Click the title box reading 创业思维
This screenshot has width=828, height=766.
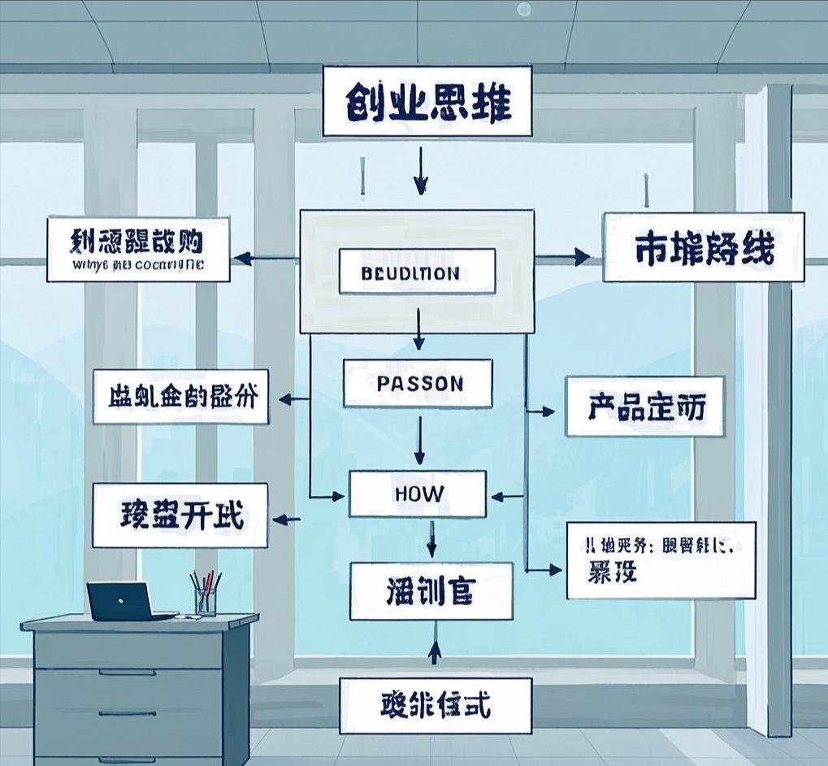point(427,101)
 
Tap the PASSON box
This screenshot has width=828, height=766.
point(418,383)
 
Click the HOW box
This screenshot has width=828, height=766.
point(418,494)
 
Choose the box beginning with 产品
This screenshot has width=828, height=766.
point(645,407)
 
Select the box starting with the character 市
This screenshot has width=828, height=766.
point(703,247)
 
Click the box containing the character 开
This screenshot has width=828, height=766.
point(180,515)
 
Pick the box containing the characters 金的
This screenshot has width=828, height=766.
point(180,396)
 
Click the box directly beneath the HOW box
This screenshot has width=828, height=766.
point(431,591)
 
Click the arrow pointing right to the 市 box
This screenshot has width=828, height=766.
point(569,257)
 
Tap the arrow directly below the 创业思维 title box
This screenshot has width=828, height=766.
point(420,172)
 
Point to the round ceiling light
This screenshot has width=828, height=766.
point(524,9)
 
